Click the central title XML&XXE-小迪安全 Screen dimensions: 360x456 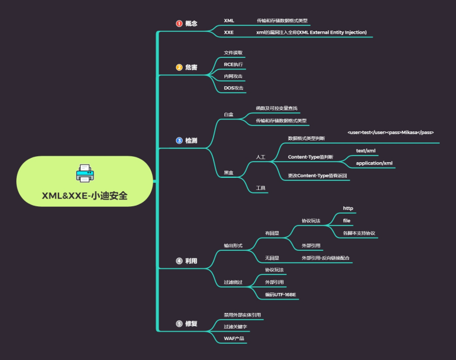coord(84,195)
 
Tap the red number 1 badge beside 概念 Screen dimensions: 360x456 coord(179,24)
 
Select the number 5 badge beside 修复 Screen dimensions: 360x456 coord(179,324)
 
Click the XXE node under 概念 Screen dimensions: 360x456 coord(229,32)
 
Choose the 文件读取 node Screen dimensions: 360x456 coord(233,53)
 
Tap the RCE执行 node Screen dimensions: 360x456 coord(233,65)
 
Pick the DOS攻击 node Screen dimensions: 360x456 coord(233,88)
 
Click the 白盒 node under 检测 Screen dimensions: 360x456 coord(229,114)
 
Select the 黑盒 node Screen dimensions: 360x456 coord(229,173)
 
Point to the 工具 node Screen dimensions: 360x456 coord(261,188)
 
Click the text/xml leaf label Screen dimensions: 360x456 coord(366,150)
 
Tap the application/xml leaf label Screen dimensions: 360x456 coord(374,163)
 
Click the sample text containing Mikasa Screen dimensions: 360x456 coord(390,132)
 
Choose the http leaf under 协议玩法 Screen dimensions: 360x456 coord(348,208)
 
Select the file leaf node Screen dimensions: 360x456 coord(347,221)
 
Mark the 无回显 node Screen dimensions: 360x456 coord(272,258)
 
